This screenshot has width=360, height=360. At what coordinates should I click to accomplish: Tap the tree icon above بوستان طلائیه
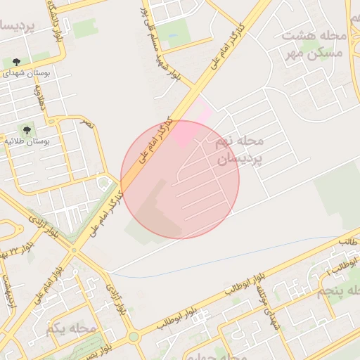click(x=27, y=130)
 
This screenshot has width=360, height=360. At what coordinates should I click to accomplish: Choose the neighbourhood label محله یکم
click(x=71, y=329)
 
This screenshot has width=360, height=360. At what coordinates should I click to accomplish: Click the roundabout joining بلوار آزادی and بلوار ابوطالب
click(x=133, y=336)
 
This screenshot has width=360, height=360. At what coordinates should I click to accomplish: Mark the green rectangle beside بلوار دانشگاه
click(x=85, y=28)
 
